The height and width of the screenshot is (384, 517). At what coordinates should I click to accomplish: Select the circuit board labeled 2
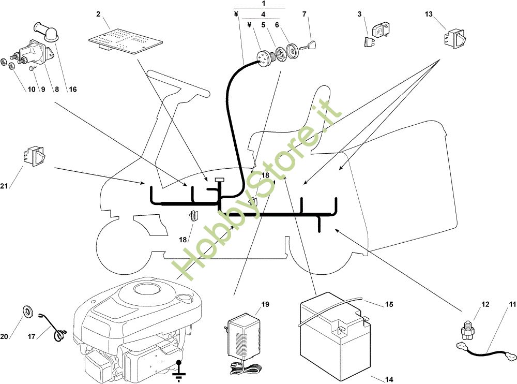click(126, 41)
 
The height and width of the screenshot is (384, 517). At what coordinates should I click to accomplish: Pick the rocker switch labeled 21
click(34, 156)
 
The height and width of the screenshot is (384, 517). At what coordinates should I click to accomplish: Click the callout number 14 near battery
click(389, 379)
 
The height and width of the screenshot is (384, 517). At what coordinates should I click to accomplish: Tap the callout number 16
click(73, 89)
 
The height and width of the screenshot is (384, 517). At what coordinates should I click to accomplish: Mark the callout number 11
click(512, 304)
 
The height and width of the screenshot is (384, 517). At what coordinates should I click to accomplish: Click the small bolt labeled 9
click(32, 68)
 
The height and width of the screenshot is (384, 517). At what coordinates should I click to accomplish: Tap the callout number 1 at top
click(263, 3)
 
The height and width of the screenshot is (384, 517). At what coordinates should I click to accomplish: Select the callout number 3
click(359, 14)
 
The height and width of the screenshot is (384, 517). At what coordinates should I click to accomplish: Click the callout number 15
click(389, 304)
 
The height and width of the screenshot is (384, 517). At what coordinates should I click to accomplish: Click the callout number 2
click(98, 14)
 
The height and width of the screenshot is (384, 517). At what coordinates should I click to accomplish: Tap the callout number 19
click(265, 304)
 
